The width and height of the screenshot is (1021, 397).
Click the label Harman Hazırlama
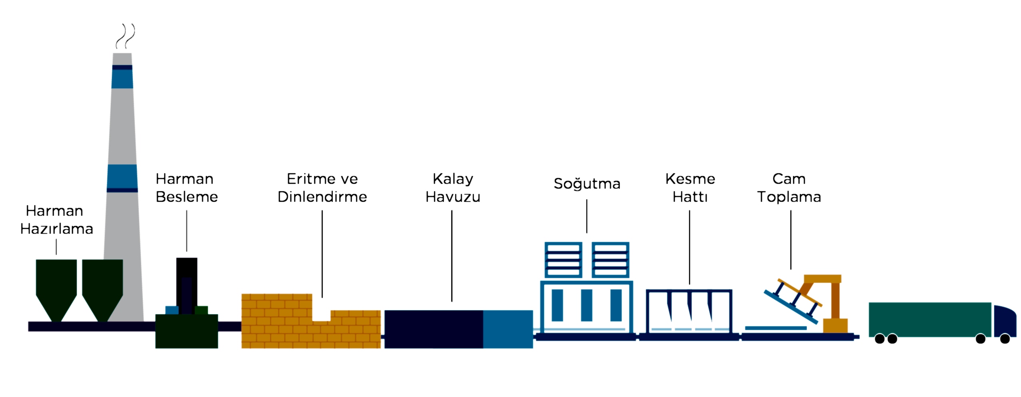[x=56, y=220]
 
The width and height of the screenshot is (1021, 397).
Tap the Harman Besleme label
[x=186, y=188]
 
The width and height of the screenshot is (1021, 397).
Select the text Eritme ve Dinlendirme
[x=322, y=188]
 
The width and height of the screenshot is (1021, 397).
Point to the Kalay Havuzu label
[x=453, y=188]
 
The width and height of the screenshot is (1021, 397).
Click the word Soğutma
[x=587, y=184]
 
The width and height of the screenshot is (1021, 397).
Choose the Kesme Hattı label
[x=690, y=188]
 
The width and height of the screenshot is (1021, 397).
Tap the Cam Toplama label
[x=789, y=188]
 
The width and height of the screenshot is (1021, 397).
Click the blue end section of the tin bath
[x=508, y=329]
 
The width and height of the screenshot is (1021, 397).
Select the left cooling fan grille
[x=563, y=260]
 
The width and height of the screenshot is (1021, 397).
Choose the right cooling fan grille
[x=610, y=260]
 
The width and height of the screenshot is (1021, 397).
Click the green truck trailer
[x=929, y=320]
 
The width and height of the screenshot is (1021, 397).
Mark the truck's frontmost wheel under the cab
[x=1005, y=339]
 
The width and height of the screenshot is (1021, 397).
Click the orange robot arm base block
[x=836, y=326]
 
